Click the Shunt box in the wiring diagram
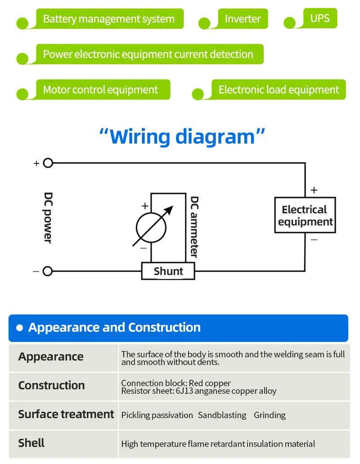(x=168, y=271)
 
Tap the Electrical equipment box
(x=305, y=215)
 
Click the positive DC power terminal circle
(x=48, y=163)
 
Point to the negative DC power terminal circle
(x=48, y=271)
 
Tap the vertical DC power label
(x=48, y=217)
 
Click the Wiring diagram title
(x=182, y=136)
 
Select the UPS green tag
(x=319, y=18)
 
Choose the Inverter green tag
(x=243, y=19)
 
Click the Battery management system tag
(x=108, y=19)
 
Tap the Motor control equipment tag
(x=100, y=90)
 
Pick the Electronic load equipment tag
(x=279, y=90)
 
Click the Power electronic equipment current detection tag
(x=148, y=54)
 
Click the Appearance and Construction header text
(x=114, y=327)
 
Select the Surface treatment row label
(x=66, y=414)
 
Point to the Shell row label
(x=31, y=443)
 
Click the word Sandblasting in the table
(x=222, y=415)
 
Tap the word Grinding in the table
(x=270, y=415)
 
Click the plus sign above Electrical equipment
(x=314, y=190)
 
